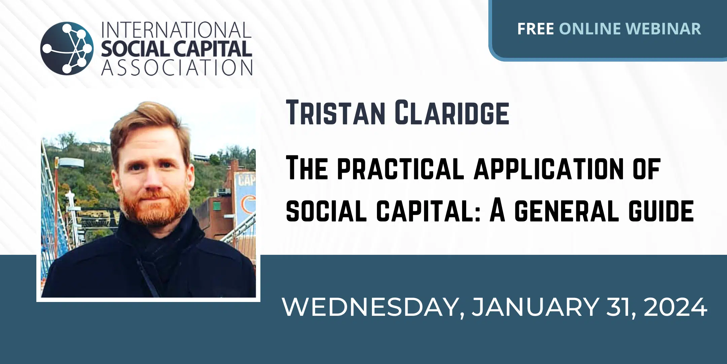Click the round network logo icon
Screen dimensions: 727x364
[x=67, y=48]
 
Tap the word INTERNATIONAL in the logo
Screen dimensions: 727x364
[x=176, y=30]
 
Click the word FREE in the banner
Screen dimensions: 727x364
[x=535, y=29]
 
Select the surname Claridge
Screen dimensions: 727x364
[x=452, y=112]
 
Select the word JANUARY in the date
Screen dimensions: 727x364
[x=535, y=307]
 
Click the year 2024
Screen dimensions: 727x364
[x=676, y=307]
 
